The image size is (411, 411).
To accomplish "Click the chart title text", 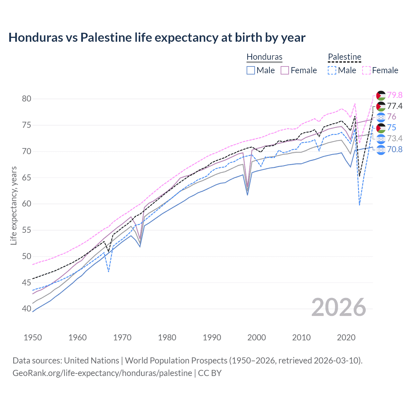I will [x=157, y=38].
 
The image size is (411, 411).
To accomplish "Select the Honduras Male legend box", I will [x=251, y=70].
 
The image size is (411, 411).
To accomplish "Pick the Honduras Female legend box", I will [x=285, y=70].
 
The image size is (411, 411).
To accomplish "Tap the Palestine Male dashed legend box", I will [x=332, y=70].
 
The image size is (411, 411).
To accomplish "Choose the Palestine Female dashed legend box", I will [x=366, y=70].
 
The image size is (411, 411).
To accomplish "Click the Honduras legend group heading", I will [x=264, y=57].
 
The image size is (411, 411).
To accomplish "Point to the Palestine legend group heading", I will [x=345, y=57].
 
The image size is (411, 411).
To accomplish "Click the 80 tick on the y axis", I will [x=27, y=99].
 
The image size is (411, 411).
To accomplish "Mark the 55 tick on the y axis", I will [x=27, y=230].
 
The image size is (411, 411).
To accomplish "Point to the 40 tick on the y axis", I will [x=27, y=309].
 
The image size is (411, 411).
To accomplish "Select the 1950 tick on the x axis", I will [x=33, y=337].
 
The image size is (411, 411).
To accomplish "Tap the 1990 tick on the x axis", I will [x=212, y=337].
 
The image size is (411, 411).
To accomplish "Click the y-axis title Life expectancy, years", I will [x=13, y=205].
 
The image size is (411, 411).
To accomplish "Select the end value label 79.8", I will [x=395, y=95].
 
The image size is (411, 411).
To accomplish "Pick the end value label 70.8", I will [x=395, y=149].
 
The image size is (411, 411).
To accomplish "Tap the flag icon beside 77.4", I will [x=381, y=106].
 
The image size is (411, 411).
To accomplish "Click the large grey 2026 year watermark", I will [x=339, y=307].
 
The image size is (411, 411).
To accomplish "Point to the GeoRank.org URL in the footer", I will [x=102, y=373].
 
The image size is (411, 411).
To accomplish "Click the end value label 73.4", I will [x=395, y=138].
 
